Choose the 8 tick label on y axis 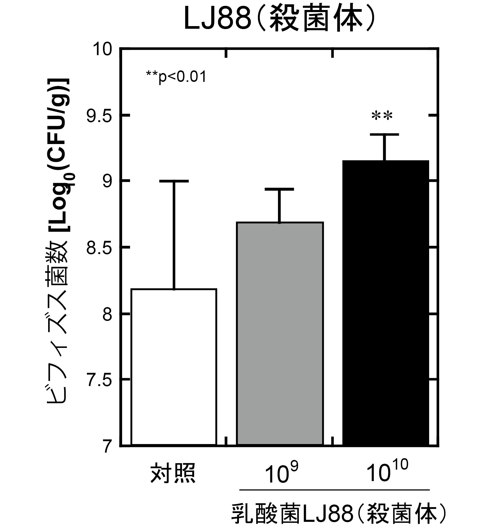107,314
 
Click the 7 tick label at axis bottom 107,446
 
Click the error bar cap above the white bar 174,181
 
